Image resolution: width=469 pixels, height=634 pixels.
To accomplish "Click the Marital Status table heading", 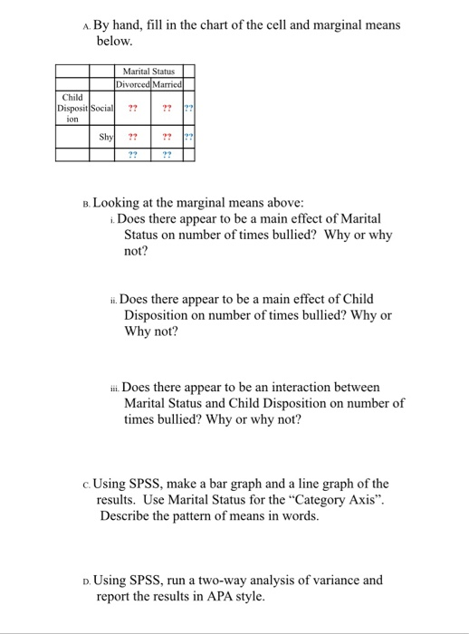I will click(149, 72).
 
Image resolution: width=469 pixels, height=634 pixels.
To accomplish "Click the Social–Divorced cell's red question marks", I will click(132, 108).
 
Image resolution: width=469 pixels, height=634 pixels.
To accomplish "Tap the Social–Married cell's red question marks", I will click(167, 108).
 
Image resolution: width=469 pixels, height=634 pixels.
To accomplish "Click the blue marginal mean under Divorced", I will click(132, 154).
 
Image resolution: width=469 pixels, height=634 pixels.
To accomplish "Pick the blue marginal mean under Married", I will click(167, 154).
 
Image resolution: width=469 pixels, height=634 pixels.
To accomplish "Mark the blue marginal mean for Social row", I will click(187, 108).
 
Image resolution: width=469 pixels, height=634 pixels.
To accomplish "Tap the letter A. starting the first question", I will click(85, 26).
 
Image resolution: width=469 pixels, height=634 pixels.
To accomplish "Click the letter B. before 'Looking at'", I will click(85, 204).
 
